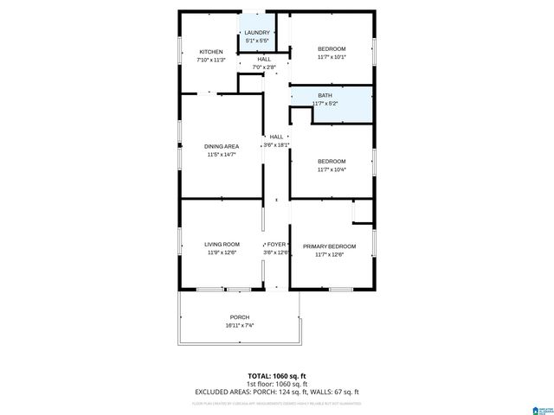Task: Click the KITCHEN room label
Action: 211,52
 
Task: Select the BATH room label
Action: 325,95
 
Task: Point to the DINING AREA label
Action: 222,146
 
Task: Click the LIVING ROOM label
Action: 222,245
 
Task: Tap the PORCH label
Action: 240,317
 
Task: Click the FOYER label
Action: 276,245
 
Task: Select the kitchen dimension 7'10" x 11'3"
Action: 211,61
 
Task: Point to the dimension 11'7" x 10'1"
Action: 332,57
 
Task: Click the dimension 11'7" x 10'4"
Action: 332,170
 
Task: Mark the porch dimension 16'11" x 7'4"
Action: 240,326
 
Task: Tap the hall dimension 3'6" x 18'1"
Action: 276,145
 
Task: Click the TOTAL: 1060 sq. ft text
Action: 276,376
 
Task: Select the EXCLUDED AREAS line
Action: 276,391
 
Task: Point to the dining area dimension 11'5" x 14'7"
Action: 222,155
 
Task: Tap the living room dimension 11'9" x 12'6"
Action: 222,252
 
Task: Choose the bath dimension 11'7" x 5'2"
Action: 325,104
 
